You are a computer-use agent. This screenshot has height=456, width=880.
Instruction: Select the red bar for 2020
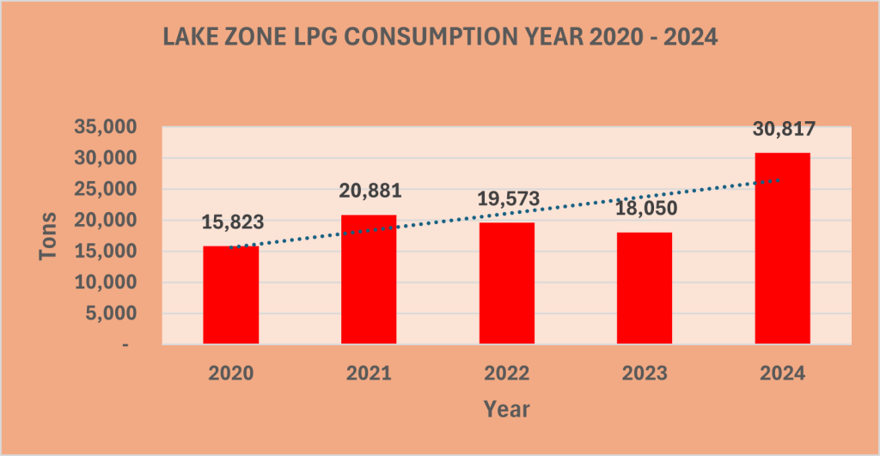[x=230, y=295]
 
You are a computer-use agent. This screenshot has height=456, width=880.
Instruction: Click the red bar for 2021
[x=369, y=279]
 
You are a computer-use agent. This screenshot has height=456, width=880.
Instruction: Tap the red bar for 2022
[x=506, y=283]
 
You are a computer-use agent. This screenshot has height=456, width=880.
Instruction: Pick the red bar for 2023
[x=644, y=288]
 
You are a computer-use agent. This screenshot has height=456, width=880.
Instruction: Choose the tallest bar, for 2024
[x=781, y=248]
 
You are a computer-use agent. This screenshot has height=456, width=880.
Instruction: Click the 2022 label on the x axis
[x=506, y=374]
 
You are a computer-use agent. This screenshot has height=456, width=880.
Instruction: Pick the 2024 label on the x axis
[x=781, y=374]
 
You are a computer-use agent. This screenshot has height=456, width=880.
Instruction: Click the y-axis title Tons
[x=48, y=237]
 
